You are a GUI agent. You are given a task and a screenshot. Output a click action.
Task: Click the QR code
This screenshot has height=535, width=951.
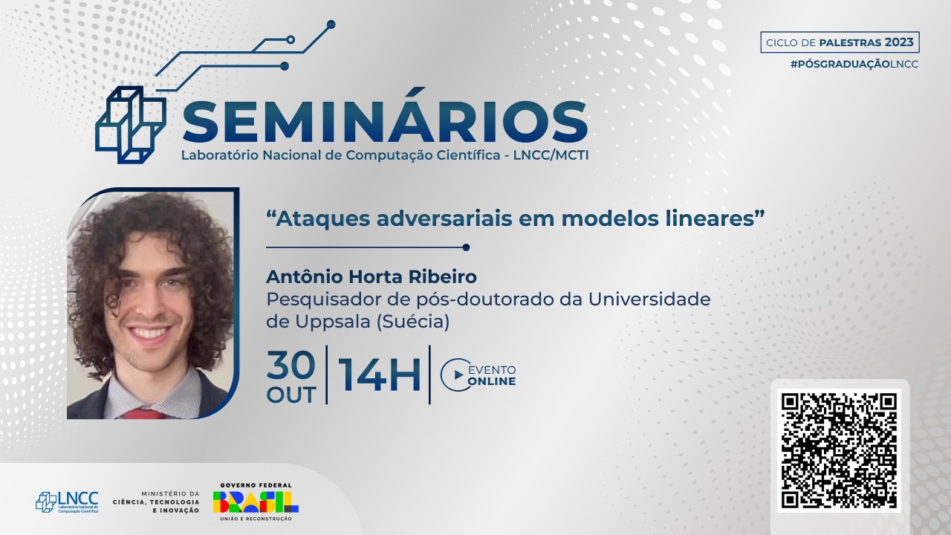(839, 450)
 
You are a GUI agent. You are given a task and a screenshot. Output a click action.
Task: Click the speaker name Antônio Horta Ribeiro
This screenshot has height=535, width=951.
(371, 277)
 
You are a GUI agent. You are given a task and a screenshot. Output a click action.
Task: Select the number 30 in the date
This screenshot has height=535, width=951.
(291, 365)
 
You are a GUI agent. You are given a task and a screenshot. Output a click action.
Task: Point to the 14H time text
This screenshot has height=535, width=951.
(379, 374)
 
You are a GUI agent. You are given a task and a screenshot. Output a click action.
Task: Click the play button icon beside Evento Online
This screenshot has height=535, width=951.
(455, 374)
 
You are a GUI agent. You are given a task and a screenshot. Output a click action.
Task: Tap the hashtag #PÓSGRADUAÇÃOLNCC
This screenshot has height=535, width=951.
(854, 64)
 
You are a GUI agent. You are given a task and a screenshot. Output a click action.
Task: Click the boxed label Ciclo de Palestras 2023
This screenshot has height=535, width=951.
(840, 42)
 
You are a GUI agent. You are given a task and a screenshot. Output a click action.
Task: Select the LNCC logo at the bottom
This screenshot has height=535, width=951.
(67, 502)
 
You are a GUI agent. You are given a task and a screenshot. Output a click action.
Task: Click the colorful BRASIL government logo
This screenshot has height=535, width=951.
(256, 502)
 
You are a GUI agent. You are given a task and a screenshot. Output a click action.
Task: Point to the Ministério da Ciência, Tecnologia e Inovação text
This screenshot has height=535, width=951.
(156, 502)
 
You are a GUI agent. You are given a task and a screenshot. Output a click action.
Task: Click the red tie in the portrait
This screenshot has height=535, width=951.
(143, 414)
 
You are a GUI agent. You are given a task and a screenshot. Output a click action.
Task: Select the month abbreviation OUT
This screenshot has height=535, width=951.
(291, 395)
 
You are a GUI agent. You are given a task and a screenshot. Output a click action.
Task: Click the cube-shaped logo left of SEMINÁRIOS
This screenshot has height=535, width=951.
(131, 125)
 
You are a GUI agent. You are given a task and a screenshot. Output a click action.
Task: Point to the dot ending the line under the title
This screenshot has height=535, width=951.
(466, 247)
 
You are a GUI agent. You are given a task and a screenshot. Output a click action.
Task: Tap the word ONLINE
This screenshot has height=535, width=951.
(492, 381)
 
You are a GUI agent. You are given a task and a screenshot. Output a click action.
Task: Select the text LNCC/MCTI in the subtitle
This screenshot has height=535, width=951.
(551, 155)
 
